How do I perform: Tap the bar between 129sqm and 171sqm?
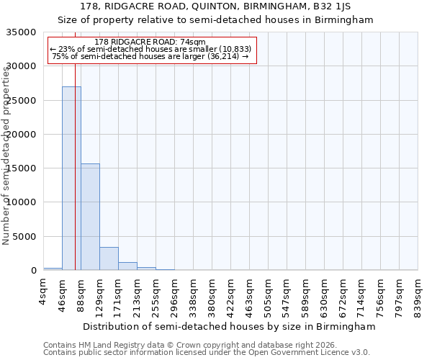(109, 258)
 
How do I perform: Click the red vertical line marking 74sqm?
(75, 144)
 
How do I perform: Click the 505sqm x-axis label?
(269, 294)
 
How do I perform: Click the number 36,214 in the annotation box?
(221, 56)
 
